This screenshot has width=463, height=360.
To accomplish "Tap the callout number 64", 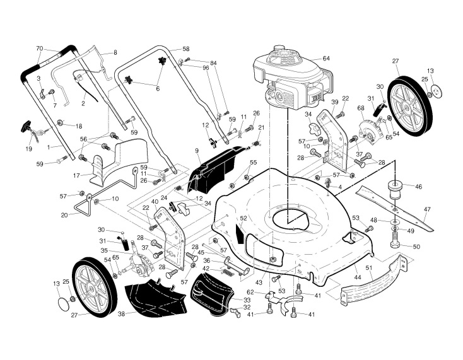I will pyautogui.click(x=326, y=58).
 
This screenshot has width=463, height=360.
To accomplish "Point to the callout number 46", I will pyautogui.click(x=418, y=187).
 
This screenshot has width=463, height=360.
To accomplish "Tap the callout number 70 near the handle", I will pyautogui.click(x=39, y=49).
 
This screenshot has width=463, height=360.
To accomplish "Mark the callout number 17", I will pyautogui.click(x=76, y=175).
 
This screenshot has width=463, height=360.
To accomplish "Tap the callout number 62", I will pyautogui.click(x=250, y=292).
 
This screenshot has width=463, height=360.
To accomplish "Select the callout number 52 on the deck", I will pyautogui.click(x=243, y=218).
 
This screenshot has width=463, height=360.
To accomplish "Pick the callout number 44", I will pyautogui.click(x=358, y=277).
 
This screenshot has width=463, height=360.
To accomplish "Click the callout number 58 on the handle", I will pyautogui.click(x=185, y=49).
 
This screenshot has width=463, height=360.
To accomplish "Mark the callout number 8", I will pyautogui.click(x=115, y=53).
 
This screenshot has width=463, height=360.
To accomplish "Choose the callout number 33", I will pyautogui.click(x=247, y=299).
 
